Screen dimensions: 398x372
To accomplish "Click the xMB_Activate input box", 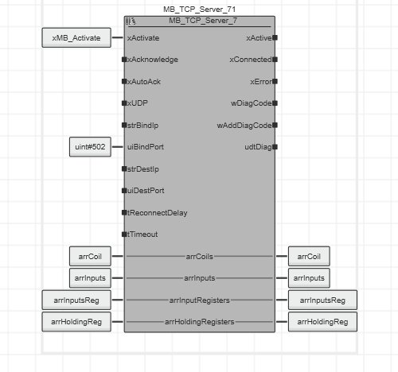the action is coord(76,37).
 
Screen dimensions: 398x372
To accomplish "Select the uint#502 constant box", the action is coord(90,147).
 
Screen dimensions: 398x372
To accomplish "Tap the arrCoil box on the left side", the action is coord(90,256).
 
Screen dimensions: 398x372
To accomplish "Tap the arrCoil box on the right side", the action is coord(309,256).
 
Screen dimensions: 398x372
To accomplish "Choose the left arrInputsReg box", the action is coord(76,300).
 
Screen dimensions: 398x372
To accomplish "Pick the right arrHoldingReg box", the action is coord(322,322).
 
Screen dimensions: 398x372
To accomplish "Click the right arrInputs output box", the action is coord(309,278).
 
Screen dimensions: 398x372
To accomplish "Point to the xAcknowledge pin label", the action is coord(153,60).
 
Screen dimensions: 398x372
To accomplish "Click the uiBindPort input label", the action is coord(146,147).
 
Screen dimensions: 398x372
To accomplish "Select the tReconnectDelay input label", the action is coord(158,212).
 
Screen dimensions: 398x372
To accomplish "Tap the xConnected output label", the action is coord(251,60).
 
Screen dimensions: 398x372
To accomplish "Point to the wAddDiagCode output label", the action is coord(244,126).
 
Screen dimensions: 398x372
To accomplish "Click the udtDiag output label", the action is coord(258,147).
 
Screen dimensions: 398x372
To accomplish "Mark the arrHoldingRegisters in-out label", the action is coord(200,322).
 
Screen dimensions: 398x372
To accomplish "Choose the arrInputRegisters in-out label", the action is coord(200,300).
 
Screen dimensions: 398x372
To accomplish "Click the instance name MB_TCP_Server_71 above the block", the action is coord(200,10).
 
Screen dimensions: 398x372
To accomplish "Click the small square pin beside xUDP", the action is coord(124,103).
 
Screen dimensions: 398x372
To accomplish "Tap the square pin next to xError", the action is coord(275,81).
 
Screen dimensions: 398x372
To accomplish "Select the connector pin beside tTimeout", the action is coord(124,234).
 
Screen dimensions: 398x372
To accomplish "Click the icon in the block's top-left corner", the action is coord(131,21).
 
